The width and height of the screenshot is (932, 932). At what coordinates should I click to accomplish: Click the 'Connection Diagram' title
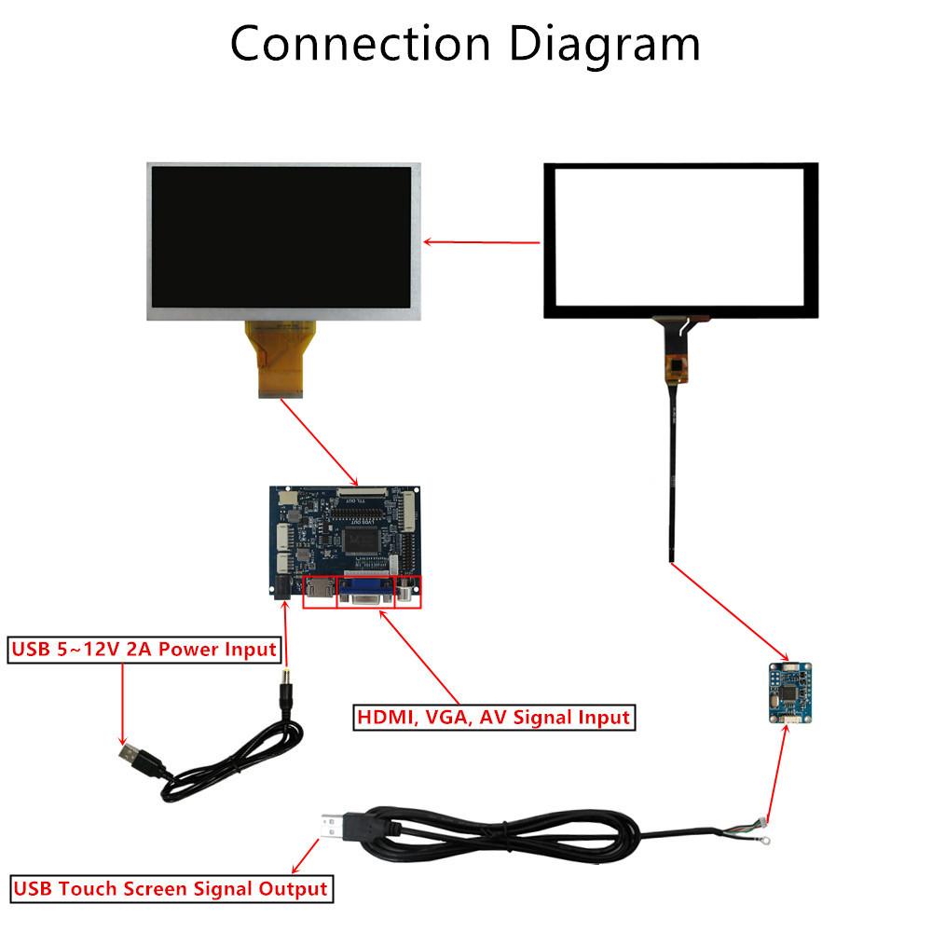[465, 44]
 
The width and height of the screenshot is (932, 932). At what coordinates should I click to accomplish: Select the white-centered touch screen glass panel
[680, 240]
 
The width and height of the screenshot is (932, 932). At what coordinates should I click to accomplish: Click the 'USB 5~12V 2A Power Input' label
[144, 650]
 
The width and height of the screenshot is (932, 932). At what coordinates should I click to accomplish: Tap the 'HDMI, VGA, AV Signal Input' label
[493, 718]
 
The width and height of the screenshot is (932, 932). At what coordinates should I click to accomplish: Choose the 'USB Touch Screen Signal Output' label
[169, 888]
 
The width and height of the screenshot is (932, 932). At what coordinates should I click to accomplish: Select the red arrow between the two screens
[482, 242]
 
